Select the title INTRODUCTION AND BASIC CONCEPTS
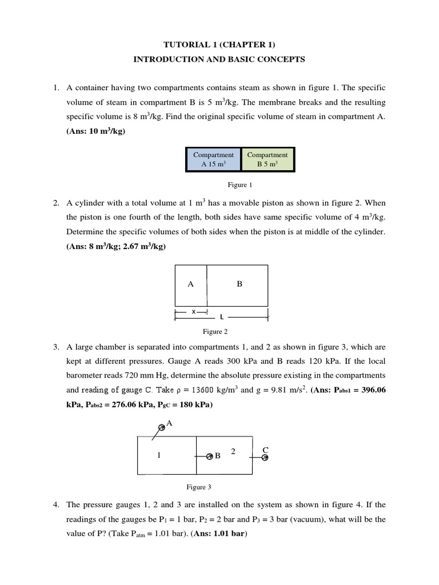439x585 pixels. point(219,59)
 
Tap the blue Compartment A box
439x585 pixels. point(213,159)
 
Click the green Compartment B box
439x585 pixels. point(268,159)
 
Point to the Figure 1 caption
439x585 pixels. point(240,185)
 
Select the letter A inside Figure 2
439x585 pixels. point(190,284)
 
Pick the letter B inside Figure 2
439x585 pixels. point(240,284)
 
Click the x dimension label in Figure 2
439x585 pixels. point(193,311)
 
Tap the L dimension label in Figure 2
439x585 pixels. point(221,316)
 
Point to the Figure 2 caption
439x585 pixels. point(215,331)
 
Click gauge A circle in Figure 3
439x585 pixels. point(162,427)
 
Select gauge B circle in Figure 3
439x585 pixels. point(210,456)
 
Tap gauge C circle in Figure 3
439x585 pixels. point(265,457)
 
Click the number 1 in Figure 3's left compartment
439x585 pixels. point(159,455)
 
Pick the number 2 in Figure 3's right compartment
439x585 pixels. point(233,451)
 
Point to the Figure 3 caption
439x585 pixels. point(199,487)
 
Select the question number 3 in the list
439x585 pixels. point(56,347)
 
